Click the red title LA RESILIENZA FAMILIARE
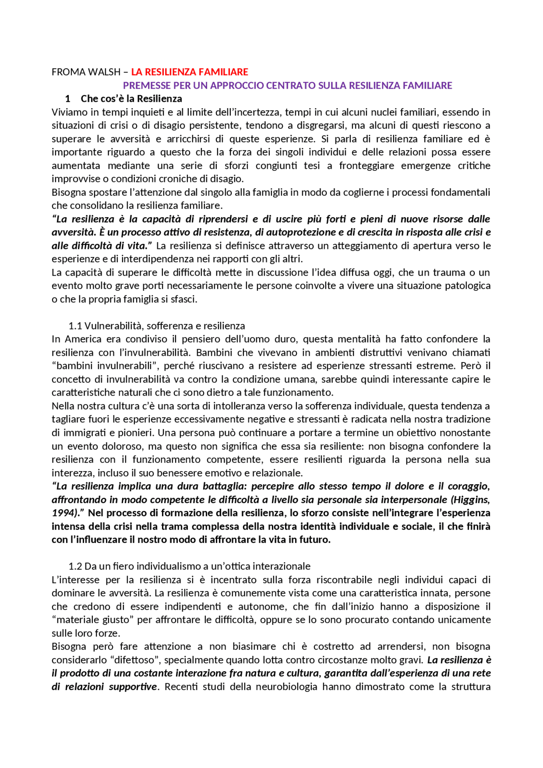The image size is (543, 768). point(189,72)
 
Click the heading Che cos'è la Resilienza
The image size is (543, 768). point(131,99)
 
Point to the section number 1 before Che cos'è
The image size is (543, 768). point(67,99)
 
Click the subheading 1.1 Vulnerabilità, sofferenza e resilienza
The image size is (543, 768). point(157,326)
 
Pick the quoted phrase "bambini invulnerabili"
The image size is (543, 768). point(105,366)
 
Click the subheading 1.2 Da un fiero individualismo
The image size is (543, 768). point(189,567)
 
